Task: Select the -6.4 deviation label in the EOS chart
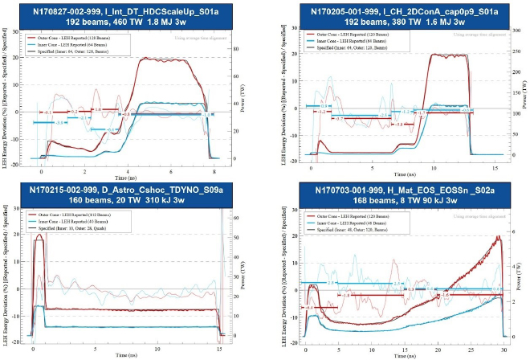(310, 308)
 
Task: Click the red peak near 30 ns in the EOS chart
(499, 237)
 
